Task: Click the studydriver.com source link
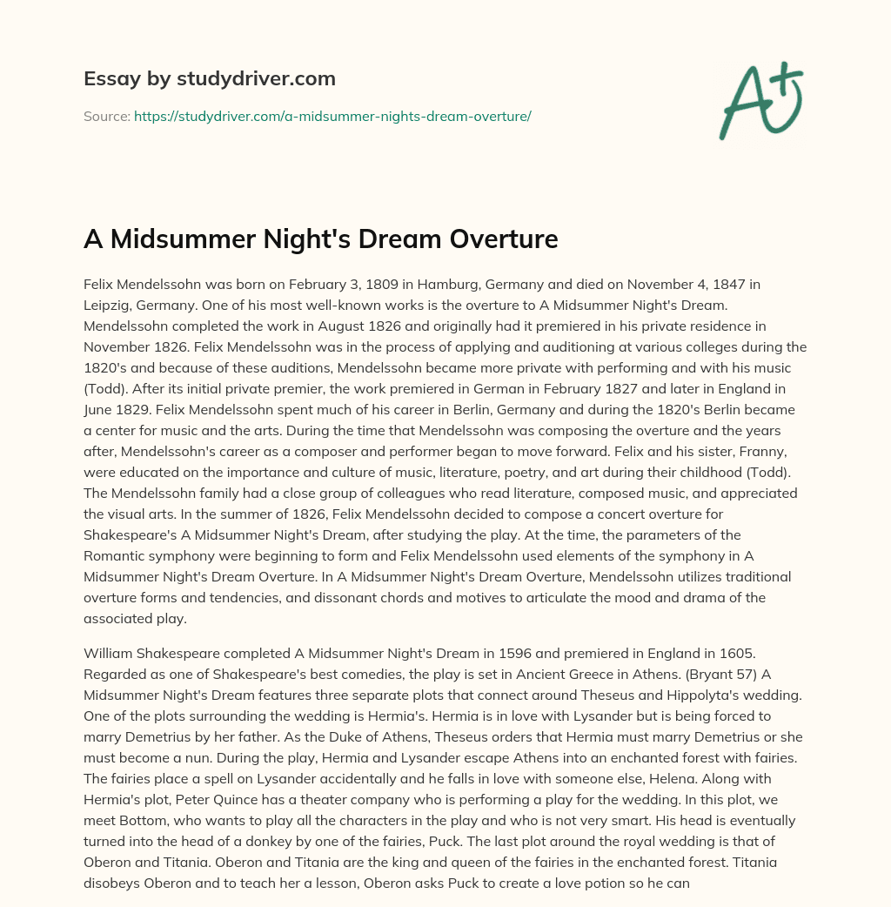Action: coord(332,116)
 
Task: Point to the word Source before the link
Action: coord(105,116)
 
